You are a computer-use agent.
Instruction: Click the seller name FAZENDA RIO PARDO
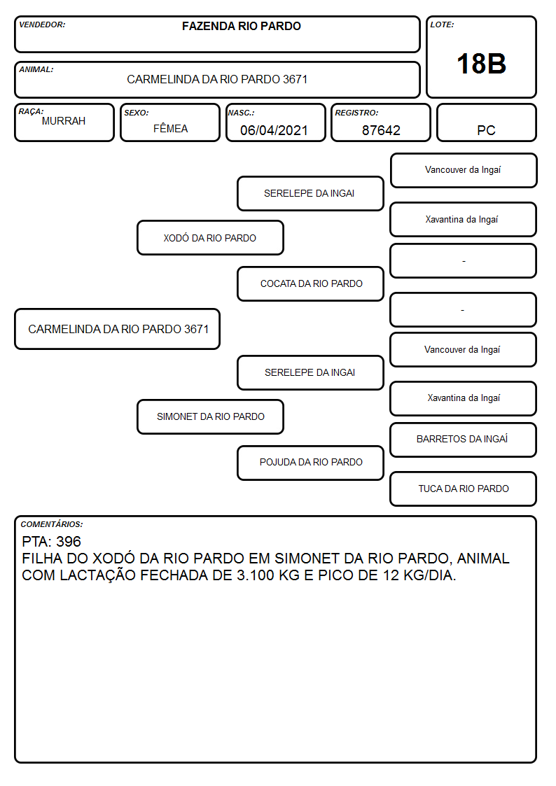(x=241, y=26)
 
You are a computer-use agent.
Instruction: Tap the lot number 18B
(x=481, y=64)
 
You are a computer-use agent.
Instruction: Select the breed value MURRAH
(x=64, y=121)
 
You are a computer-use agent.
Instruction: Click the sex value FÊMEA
(x=170, y=128)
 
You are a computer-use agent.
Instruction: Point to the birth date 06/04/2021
(x=274, y=130)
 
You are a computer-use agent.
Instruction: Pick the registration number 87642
(x=381, y=130)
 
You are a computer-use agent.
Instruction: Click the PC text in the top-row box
(x=486, y=130)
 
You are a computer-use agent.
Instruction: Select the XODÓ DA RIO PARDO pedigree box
(x=210, y=237)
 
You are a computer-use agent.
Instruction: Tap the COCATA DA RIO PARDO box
(x=311, y=283)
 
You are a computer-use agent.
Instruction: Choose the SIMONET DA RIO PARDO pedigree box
(x=210, y=416)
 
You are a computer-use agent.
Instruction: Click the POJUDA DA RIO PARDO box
(x=311, y=463)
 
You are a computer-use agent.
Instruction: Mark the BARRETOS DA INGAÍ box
(x=464, y=440)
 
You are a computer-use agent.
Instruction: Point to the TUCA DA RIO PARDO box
(x=464, y=489)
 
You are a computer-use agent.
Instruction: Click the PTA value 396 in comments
(x=69, y=541)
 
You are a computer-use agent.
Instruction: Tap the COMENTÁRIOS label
(x=52, y=524)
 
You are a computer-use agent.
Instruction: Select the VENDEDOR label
(x=42, y=24)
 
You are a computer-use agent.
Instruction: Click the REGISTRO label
(x=356, y=113)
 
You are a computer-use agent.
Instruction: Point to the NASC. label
(x=241, y=113)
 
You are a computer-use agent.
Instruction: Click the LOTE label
(x=442, y=24)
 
